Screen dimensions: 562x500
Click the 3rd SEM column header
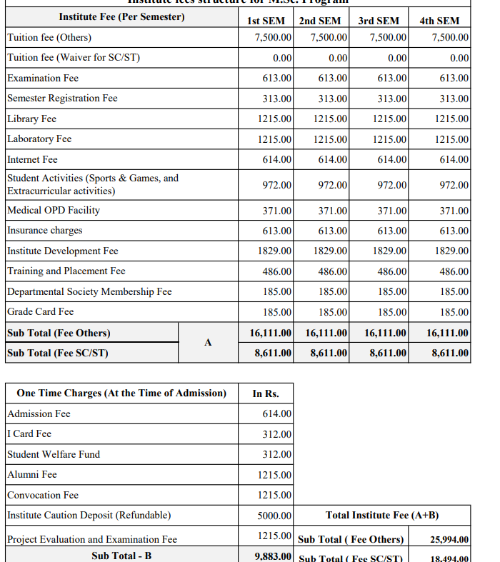[379, 21]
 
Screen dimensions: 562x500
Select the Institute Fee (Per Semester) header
[121, 16]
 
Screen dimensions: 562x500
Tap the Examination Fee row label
[43, 78]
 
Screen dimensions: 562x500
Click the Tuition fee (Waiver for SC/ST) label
[74, 57]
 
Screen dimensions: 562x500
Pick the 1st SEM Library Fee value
[274, 119]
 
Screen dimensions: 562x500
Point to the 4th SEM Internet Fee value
[454, 160]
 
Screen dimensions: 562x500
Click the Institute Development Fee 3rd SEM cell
[391, 251]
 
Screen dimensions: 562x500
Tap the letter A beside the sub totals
[208, 343]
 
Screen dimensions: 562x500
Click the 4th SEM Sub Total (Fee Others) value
[447, 333]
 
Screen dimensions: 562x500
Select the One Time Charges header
[121, 393]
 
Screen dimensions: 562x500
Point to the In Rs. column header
[266, 393]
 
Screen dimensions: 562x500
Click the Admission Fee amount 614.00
[276, 414]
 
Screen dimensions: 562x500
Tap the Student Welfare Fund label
[54, 454]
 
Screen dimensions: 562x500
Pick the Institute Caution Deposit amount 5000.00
[274, 516]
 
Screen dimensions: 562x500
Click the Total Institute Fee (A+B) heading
[382, 515]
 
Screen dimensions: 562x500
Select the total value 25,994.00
[449, 540]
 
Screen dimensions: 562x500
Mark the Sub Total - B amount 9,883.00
[273, 556]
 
